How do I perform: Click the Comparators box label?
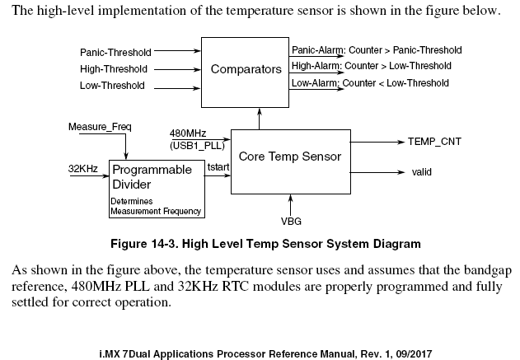246,69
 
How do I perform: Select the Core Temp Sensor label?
290,157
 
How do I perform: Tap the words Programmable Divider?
152,177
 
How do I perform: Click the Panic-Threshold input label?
115,53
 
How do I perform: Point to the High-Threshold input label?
114,69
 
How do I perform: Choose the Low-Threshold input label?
112,86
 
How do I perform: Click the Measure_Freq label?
100,127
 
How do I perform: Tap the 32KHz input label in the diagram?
83,169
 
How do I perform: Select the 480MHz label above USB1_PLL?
188,133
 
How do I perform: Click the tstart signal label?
218,166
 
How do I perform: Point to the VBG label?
291,221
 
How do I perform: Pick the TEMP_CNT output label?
434,142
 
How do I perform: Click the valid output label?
421,172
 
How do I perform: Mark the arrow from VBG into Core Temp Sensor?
291,205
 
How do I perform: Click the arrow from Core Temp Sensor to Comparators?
260,119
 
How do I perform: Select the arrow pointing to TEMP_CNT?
377,142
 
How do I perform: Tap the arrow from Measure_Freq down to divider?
126,146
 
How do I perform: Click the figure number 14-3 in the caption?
162,244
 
